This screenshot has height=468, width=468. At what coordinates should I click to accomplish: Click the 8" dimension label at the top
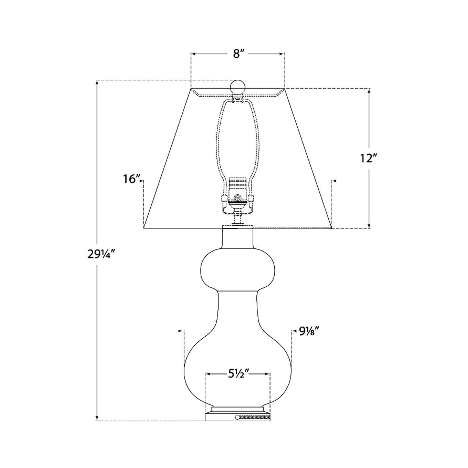(x=238, y=54)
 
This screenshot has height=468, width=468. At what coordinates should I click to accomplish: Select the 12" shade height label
(x=369, y=159)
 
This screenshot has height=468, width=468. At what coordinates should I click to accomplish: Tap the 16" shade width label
(x=131, y=178)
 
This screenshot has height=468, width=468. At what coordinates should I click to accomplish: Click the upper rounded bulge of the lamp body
(x=238, y=268)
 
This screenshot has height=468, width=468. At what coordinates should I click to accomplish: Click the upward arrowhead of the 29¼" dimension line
(x=97, y=83)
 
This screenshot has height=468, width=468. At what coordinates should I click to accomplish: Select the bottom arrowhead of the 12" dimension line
(x=369, y=226)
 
